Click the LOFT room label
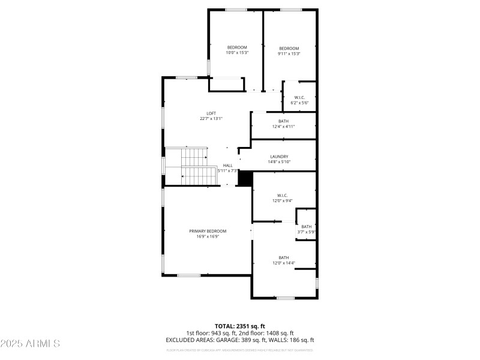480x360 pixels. [211, 113]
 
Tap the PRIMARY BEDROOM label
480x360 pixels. [208, 231]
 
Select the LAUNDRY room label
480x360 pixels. [279, 157]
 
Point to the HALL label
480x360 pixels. [228, 166]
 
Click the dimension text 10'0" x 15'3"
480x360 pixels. [237, 53]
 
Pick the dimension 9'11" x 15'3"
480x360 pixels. [289, 53]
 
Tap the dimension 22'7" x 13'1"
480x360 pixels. [211, 119]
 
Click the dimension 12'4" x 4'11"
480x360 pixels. [283, 127]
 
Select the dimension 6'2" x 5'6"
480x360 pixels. [299, 103]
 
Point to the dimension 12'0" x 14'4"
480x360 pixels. [284, 263]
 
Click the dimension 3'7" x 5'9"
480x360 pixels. [307, 232]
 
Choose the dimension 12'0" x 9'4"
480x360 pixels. [283, 200]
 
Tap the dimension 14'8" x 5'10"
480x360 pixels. [279, 162]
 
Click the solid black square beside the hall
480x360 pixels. [245, 178]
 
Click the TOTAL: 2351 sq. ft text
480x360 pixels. [240, 326]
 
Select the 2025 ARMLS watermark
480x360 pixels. [30, 344]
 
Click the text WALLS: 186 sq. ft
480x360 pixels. [290, 340]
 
